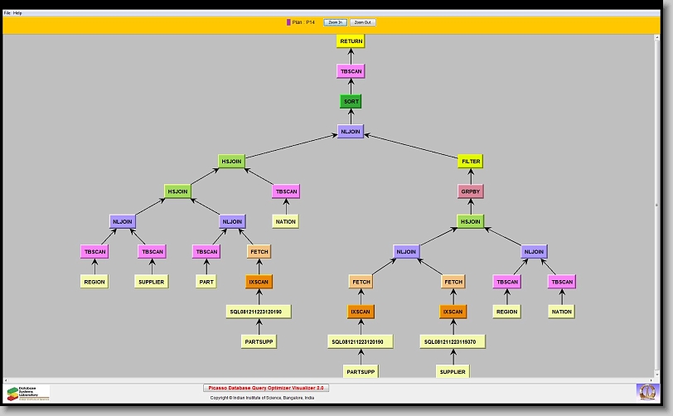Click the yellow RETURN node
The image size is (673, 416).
[x=351, y=41]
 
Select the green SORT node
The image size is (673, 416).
[x=351, y=101]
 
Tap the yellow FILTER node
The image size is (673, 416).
[x=470, y=161]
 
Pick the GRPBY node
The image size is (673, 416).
[x=470, y=191]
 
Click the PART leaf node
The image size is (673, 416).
[x=206, y=282]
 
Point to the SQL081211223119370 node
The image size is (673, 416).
[x=453, y=341]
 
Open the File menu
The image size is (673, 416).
[x=7, y=13]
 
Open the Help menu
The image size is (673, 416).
[x=18, y=13]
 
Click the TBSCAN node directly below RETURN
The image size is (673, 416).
[x=351, y=71]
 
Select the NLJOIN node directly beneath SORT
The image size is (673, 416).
[x=351, y=131]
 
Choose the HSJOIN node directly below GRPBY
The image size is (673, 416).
[x=470, y=221]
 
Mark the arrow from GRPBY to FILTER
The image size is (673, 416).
[x=470, y=176]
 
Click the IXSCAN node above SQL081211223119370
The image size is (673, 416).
[x=453, y=312]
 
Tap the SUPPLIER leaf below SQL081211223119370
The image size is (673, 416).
[x=453, y=371]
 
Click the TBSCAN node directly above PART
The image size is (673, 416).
[x=206, y=251]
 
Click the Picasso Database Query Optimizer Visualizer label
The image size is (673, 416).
[x=266, y=387]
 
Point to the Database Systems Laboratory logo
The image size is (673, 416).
[x=28, y=392]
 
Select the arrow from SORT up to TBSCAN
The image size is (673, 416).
[x=351, y=86]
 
